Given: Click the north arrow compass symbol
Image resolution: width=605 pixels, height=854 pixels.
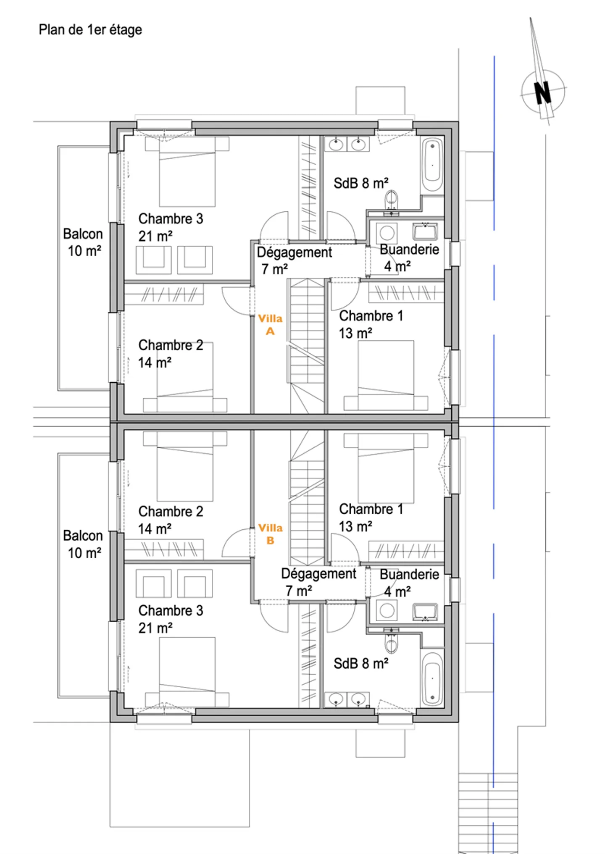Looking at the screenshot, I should pyautogui.click(x=542, y=92).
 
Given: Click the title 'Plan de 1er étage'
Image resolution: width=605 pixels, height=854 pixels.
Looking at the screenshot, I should pyautogui.click(x=90, y=30).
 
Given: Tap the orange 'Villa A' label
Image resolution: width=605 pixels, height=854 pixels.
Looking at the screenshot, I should pyautogui.click(x=270, y=325).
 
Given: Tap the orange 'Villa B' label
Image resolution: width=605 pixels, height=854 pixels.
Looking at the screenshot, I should pyautogui.click(x=270, y=534).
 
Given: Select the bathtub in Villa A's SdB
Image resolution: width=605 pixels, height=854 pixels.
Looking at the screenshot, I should pyautogui.click(x=432, y=165).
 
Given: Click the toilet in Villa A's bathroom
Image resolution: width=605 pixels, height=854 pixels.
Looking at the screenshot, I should pyautogui.click(x=391, y=200).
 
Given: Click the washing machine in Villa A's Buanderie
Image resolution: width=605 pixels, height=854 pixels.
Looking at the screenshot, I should pyautogui.click(x=387, y=232).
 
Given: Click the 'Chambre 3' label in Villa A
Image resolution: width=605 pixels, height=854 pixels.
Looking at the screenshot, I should pyautogui.click(x=171, y=219).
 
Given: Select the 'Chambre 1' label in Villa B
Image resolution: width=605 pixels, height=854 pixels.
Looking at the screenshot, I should pyautogui.click(x=371, y=509).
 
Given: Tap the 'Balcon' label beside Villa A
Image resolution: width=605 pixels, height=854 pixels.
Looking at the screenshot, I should pyautogui.click(x=83, y=234).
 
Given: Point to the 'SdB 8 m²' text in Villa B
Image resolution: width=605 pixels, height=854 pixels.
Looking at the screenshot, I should pyautogui.click(x=361, y=664).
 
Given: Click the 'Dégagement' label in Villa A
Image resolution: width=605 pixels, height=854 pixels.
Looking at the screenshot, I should pyautogui.click(x=294, y=252).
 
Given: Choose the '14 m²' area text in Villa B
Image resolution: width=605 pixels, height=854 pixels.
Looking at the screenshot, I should pyautogui.click(x=155, y=529).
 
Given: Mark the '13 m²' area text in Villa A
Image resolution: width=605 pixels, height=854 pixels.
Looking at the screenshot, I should pyautogui.click(x=355, y=333).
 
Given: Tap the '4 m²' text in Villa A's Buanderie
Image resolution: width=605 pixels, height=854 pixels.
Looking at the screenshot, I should pyautogui.click(x=397, y=266).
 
